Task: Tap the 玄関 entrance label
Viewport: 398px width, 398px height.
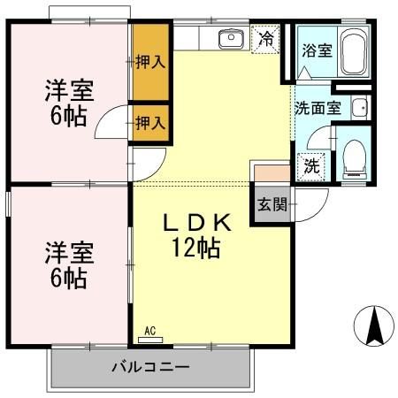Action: tap(272, 206)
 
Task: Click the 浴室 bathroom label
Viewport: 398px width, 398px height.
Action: tap(316, 50)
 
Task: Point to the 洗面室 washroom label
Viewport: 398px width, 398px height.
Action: tap(317, 109)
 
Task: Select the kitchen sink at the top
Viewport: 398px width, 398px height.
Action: tap(231, 38)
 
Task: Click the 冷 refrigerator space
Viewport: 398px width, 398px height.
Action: tap(265, 40)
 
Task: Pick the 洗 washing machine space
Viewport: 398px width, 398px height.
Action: tap(311, 165)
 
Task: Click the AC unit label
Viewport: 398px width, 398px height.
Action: tap(149, 332)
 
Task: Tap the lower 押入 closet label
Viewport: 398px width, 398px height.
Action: tap(150, 123)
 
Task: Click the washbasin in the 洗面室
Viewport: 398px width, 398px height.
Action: tap(358, 108)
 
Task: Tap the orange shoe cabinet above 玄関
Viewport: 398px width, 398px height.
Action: tap(271, 173)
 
